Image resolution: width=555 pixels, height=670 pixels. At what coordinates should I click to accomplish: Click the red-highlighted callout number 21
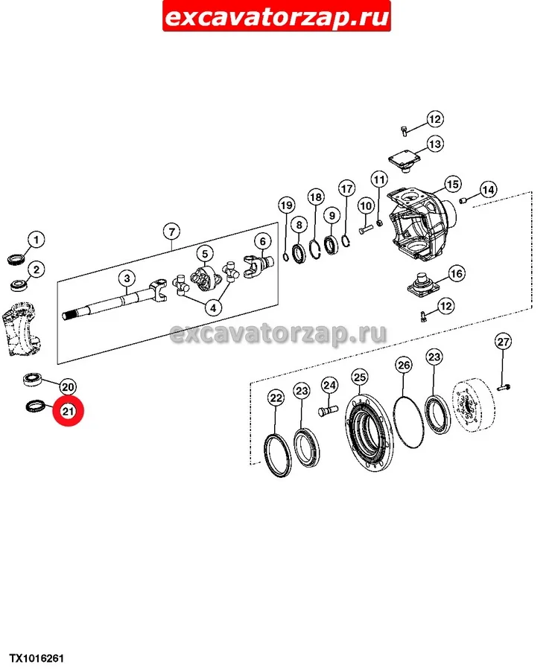coord(68,411)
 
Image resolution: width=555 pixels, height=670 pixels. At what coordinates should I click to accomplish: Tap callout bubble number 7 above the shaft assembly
coord(171,232)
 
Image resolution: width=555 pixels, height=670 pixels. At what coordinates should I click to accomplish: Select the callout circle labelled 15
coord(452,184)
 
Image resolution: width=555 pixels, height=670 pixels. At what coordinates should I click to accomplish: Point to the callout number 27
coord(504,342)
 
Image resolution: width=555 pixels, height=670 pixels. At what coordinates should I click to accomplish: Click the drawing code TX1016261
coord(37,658)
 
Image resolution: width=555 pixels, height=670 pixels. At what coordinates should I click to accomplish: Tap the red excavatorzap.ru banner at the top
coord(276,16)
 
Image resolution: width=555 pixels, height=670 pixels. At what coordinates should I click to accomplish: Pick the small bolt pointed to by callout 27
coord(504,388)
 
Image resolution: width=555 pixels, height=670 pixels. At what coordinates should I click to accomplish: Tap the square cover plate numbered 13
coord(404,162)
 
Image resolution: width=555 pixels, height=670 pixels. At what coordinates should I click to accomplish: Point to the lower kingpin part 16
coord(424,285)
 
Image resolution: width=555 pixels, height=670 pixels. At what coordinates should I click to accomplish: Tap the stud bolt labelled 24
coord(328,412)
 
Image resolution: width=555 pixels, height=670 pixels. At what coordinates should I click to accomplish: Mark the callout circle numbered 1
coord(37,239)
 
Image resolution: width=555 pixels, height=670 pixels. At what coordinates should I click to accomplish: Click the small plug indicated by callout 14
coord(462,200)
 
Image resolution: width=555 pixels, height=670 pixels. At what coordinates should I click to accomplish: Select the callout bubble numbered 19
coord(286,205)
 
